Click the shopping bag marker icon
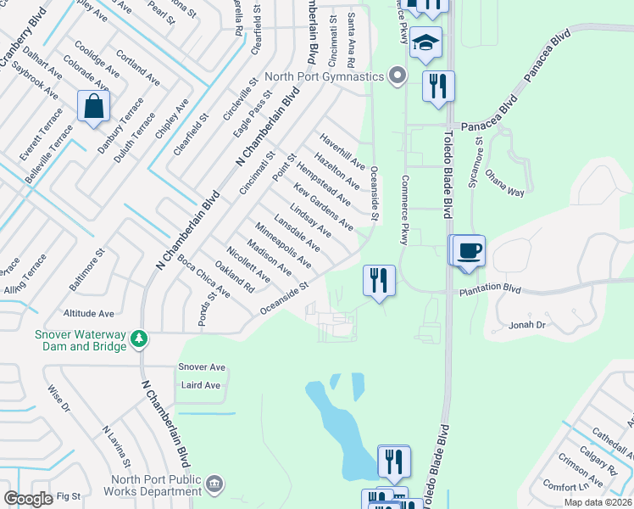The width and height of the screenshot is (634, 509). click(x=93, y=107)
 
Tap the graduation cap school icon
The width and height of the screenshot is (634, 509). click(x=425, y=42)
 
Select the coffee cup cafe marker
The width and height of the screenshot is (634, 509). click(x=467, y=251)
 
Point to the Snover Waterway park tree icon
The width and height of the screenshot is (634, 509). click(x=140, y=340)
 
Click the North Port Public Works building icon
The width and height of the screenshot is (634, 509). click(x=215, y=484)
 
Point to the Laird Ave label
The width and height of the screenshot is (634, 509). click(x=201, y=385)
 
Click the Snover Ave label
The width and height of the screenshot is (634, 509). click(x=202, y=367)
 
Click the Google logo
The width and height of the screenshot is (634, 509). click(x=28, y=499)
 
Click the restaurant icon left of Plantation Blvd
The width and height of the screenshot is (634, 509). click(x=378, y=281)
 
